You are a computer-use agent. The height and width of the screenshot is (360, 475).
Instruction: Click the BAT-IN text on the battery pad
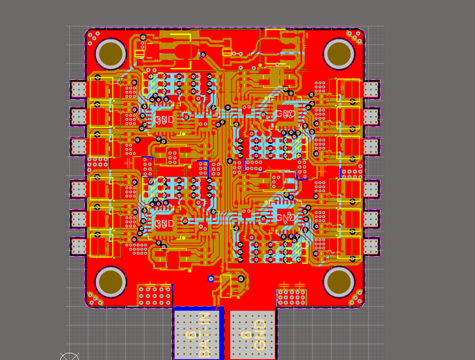point(204,335)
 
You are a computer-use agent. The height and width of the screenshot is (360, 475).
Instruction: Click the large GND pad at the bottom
point(253,335)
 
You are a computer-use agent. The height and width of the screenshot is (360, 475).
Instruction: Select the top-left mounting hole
point(111,53)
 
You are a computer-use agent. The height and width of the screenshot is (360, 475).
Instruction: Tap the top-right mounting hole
point(339,53)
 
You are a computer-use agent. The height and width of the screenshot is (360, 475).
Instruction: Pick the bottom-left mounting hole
point(111,282)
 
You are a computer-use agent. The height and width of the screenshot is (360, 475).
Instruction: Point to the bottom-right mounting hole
point(339,282)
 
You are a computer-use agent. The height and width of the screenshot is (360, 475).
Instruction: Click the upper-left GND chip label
point(165,119)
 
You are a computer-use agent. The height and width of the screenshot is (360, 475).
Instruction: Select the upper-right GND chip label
point(285,114)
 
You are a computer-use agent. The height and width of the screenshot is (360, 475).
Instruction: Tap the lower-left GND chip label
point(165,224)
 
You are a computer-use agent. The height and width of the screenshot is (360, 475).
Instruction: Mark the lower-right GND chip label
point(285,218)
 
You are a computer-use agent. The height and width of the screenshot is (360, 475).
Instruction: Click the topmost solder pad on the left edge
point(78,89)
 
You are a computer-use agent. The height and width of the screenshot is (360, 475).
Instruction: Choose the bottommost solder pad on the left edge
point(78,246)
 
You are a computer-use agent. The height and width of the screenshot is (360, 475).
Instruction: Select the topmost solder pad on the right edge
point(371,89)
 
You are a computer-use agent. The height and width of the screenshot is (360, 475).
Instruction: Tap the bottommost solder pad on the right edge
point(371,246)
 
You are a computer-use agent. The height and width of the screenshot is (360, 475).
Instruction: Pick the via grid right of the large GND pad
point(291,298)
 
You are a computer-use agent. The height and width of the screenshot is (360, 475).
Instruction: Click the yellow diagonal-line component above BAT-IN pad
point(225,286)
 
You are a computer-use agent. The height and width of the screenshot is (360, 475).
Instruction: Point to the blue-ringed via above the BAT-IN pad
point(211,279)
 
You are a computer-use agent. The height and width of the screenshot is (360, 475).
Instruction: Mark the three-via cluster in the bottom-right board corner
point(357,299)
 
